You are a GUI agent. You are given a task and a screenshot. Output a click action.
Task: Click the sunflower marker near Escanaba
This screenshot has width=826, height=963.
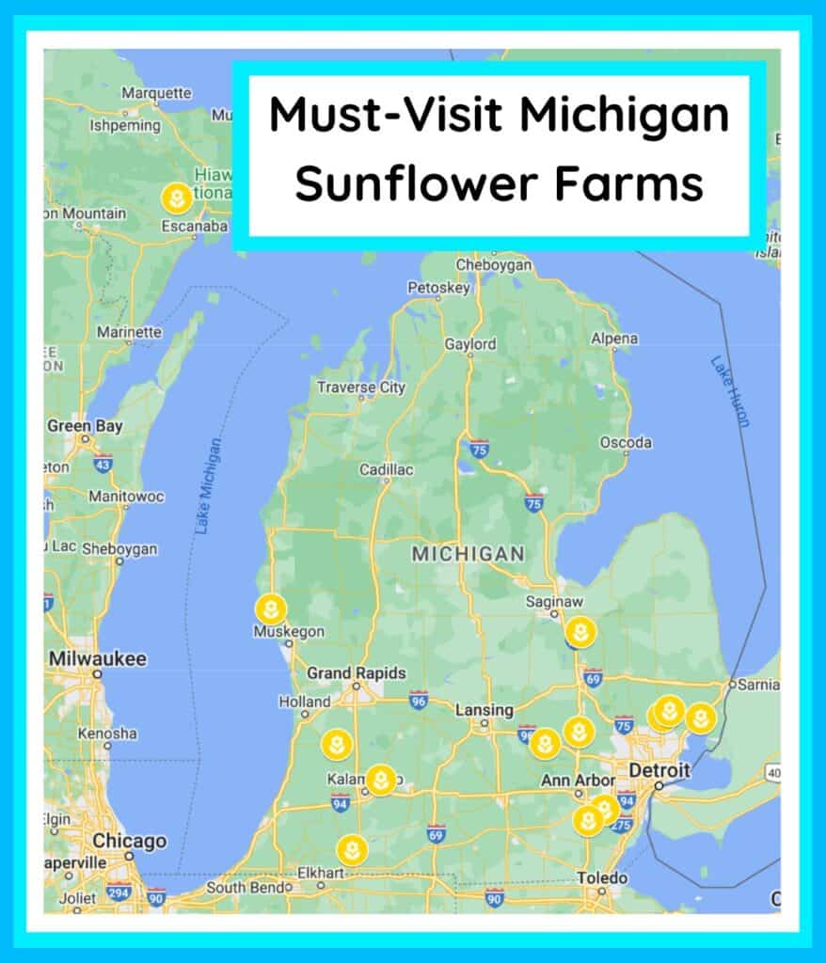(176, 198)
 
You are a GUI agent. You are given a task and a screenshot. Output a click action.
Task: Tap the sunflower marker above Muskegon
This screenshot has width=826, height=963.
(271, 609)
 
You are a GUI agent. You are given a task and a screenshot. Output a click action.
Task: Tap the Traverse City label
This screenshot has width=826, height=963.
(360, 387)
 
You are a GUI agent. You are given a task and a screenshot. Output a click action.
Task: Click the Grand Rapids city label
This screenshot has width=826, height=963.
(357, 673)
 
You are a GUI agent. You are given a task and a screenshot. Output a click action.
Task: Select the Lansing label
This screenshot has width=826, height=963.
(484, 710)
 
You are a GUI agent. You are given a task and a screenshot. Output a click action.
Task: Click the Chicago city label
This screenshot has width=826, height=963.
(130, 841)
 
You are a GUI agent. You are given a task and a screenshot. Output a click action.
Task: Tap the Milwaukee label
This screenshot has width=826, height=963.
(98, 658)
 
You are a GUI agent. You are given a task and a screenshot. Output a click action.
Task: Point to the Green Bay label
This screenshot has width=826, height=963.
(85, 426)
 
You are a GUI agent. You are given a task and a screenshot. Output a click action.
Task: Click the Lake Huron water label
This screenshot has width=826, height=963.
(730, 391)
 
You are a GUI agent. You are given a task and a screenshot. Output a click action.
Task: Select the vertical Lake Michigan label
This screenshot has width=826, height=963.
(209, 486)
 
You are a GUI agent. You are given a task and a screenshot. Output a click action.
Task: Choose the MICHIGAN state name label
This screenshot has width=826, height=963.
(468, 554)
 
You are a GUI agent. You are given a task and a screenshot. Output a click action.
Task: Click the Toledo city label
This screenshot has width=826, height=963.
(602, 877)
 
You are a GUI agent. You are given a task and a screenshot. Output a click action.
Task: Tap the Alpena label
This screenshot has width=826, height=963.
(613, 339)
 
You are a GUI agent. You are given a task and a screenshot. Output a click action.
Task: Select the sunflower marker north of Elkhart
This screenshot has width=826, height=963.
(352, 850)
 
